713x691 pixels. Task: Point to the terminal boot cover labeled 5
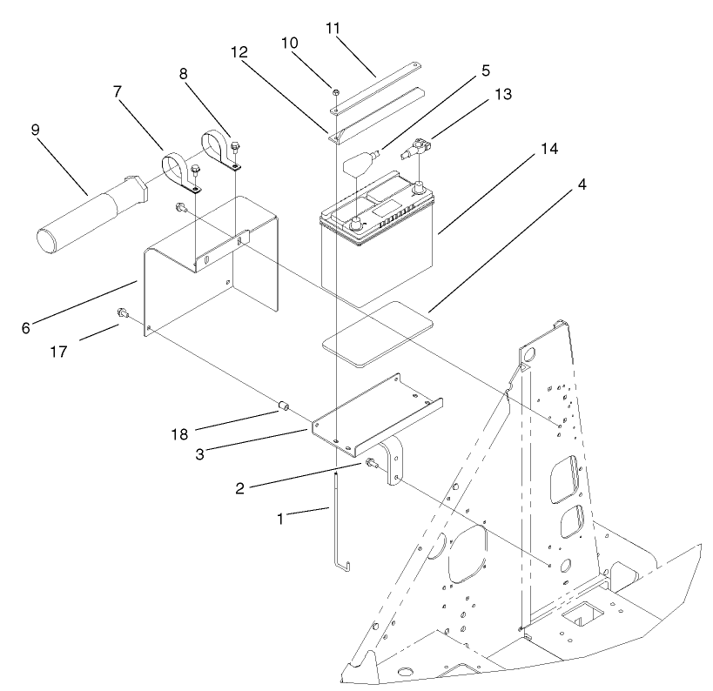[x=359, y=162]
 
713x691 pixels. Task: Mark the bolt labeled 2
[x=371, y=463]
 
